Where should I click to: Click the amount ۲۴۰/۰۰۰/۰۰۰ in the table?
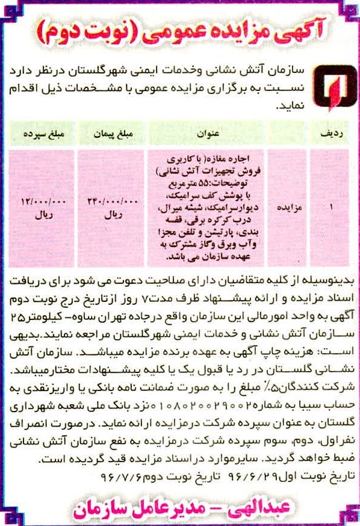coord(113,201)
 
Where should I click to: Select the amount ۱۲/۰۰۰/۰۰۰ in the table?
coord(42,201)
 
